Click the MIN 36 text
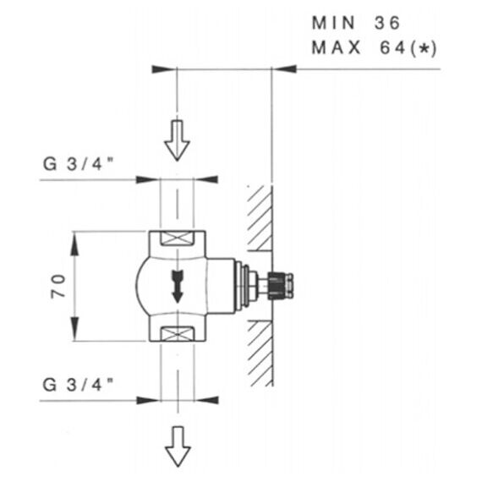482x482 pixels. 356,23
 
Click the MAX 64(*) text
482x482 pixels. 374,48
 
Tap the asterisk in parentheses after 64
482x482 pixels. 424,48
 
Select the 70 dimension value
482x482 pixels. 58,286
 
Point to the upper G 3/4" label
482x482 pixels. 79,164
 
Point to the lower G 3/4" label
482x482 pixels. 79,385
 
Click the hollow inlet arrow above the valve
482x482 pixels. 177,140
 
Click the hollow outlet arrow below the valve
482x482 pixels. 178,446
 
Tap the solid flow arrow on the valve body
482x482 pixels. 177,287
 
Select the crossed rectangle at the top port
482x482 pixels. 178,238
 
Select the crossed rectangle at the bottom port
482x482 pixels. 178,333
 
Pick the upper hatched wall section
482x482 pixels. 260,218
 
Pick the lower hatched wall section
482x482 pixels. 260,353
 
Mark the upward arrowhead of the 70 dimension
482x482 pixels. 74,244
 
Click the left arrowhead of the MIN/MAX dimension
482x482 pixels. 164,69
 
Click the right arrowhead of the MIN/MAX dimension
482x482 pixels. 284,68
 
